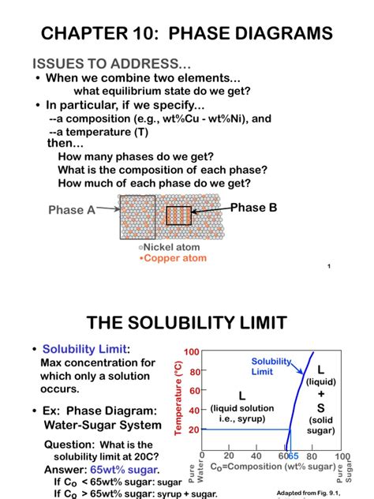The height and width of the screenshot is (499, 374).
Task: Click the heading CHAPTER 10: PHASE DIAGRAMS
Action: tap(187, 34)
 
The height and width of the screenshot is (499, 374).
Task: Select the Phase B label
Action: tap(253, 208)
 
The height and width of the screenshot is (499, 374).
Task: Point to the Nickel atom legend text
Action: tap(169, 247)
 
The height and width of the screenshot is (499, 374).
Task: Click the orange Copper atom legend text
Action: tap(172, 257)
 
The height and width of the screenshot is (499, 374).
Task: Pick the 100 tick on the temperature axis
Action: tap(191, 351)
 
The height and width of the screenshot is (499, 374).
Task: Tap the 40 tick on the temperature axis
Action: tap(193, 411)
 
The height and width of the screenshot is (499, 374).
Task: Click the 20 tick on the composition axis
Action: tap(229, 456)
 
